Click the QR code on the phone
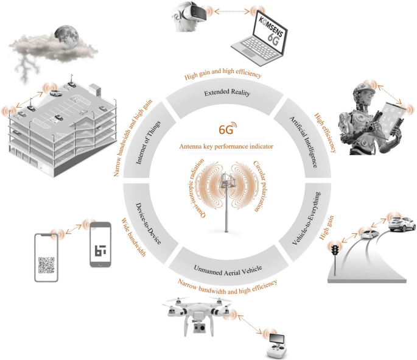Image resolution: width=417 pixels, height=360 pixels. (47, 265)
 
